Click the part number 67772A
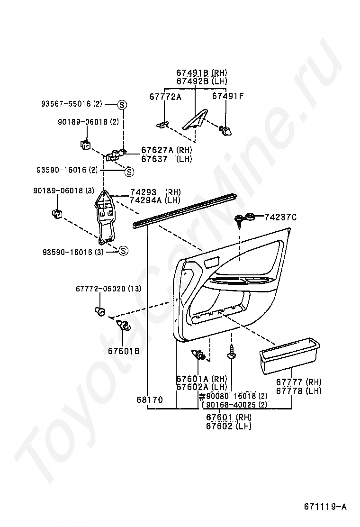pos(165,97)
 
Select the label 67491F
pos(228,96)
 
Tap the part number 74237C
pos(281,217)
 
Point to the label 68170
pos(149,400)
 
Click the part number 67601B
pos(124,351)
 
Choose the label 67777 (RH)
pos(298,382)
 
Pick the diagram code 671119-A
pos(325,507)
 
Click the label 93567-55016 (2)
pos(72,104)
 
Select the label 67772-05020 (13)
pos(108,289)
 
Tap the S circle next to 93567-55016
pos(122,105)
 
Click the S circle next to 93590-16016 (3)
pos(123,250)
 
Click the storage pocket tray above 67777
pos(289,356)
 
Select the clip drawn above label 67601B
pos(123,325)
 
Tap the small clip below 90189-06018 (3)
pos(57,213)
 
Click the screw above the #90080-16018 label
pos(231,352)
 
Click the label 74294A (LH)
pos(155,200)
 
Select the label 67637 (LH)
pos(167,159)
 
